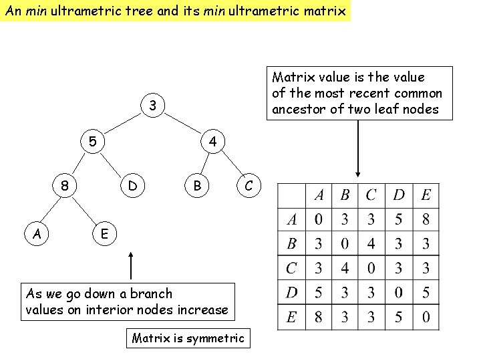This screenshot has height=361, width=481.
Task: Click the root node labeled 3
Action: pyautogui.click(x=153, y=106)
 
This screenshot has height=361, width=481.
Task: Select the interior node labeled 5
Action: pyautogui.click(x=93, y=142)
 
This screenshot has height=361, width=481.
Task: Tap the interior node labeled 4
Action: pyautogui.click(x=212, y=142)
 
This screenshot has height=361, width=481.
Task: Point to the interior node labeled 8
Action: pyautogui.click(x=64, y=185)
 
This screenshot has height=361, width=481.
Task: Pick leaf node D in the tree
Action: pyautogui.click(x=133, y=185)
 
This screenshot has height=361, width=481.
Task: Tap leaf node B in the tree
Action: pyautogui.click(x=197, y=185)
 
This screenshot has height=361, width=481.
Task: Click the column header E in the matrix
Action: pyautogui.click(x=426, y=195)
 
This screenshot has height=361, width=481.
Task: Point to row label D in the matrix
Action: pyautogui.click(x=291, y=292)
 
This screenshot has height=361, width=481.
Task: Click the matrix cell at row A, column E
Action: pyautogui.click(x=426, y=219)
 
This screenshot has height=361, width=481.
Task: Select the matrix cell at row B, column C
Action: pyautogui.click(x=371, y=243)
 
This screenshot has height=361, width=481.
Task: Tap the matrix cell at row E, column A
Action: pyautogui.click(x=319, y=316)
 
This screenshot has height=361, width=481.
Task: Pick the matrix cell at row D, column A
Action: pyautogui.click(x=319, y=292)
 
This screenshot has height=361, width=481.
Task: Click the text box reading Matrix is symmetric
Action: pyautogui.click(x=188, y=338)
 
